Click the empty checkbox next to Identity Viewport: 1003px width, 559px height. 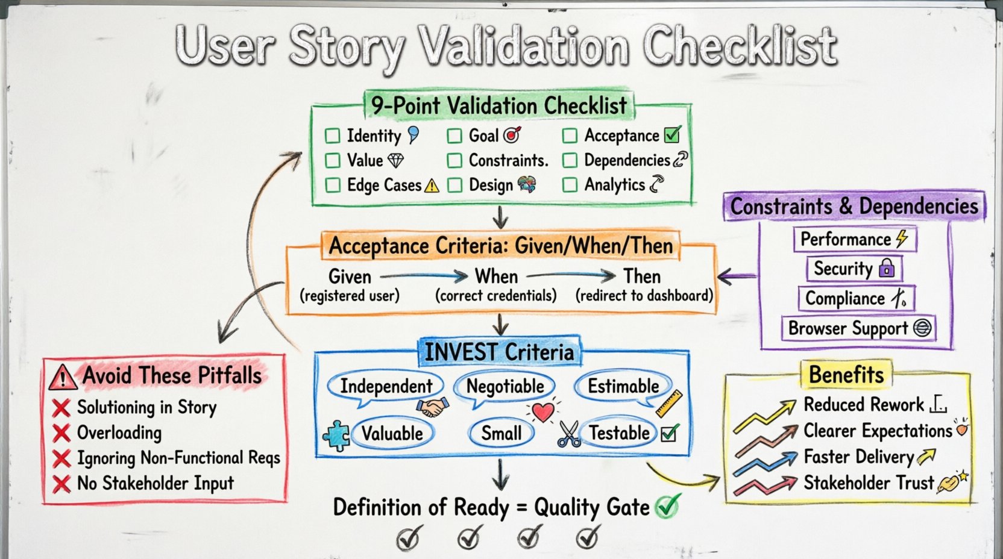[x=332, y=136]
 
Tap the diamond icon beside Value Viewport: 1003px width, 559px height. [x=395, y=160]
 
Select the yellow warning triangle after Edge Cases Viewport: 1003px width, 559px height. [x=432, y=186]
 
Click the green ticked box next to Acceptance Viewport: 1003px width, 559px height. [x=672, y=134]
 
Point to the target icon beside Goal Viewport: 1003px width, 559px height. [x=512, y=135]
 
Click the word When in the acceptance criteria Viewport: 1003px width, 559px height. [x=496, y=276]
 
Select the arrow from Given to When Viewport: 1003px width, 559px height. [x=424, y=276]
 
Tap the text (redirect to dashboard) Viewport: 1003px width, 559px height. [x=644, y=296]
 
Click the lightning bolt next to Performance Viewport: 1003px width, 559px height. [x=902, y=238]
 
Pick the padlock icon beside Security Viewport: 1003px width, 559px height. [x=887, y=267]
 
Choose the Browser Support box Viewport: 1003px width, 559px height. [x=858, y=328]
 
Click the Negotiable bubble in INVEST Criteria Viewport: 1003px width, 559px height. [x=505, y=386]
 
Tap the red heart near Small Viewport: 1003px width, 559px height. [x=543, y=412]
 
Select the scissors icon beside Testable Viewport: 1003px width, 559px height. [x=568, y=434]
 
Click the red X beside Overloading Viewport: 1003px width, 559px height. [x=61, y=433]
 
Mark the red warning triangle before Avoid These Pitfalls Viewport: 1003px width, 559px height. [x=63, y=378]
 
